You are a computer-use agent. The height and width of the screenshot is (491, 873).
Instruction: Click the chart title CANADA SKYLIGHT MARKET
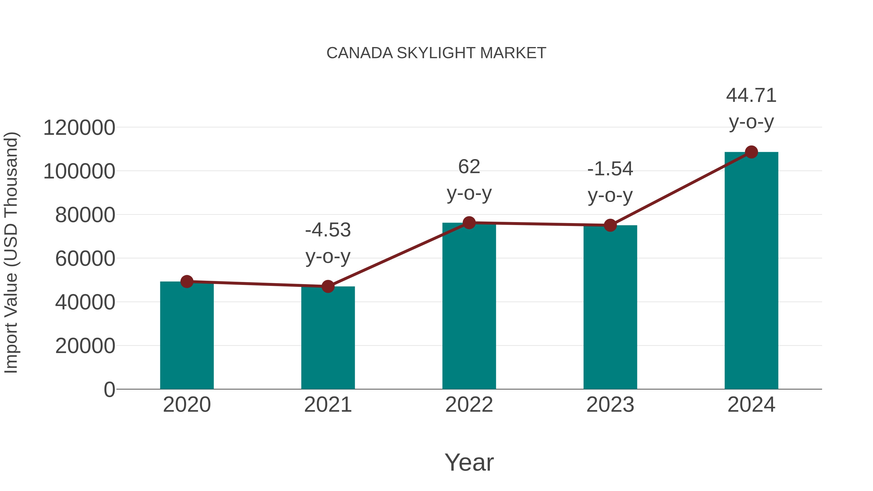coord(436,53)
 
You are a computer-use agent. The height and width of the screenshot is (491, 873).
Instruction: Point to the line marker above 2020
coord(187,281)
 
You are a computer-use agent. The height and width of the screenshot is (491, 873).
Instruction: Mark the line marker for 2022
coord(469,223)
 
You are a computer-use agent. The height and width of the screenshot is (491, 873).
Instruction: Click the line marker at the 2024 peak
coord(751,152)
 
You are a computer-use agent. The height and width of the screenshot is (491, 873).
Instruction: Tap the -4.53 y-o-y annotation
coord(328,243)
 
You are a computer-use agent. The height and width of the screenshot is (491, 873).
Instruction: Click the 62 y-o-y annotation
coord(469,180)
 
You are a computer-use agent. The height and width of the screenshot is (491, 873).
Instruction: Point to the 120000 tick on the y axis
coord(79,128)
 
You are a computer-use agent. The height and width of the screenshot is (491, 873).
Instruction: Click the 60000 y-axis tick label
coord(85,259)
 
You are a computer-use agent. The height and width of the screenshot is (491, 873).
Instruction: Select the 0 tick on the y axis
coord(109,390)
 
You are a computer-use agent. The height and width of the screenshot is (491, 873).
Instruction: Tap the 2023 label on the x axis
coord(610,405)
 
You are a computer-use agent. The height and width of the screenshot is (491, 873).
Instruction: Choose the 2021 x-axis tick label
coord(328,405)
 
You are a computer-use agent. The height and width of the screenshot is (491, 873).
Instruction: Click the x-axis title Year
coord(469,462)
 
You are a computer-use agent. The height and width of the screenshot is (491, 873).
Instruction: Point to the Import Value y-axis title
coord(11,252)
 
